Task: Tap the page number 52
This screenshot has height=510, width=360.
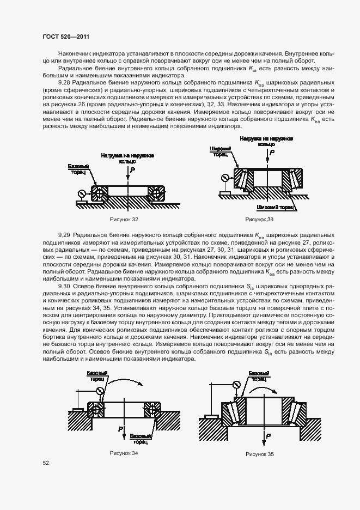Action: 46,463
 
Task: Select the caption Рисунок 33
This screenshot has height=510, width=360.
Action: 259,219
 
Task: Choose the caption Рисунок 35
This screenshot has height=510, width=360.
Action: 260,454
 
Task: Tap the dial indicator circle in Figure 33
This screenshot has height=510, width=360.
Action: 223,177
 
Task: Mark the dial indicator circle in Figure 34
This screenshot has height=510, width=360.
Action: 99,390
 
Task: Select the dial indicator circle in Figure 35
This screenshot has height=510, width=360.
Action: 236,385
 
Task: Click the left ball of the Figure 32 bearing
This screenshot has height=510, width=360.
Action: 97,192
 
